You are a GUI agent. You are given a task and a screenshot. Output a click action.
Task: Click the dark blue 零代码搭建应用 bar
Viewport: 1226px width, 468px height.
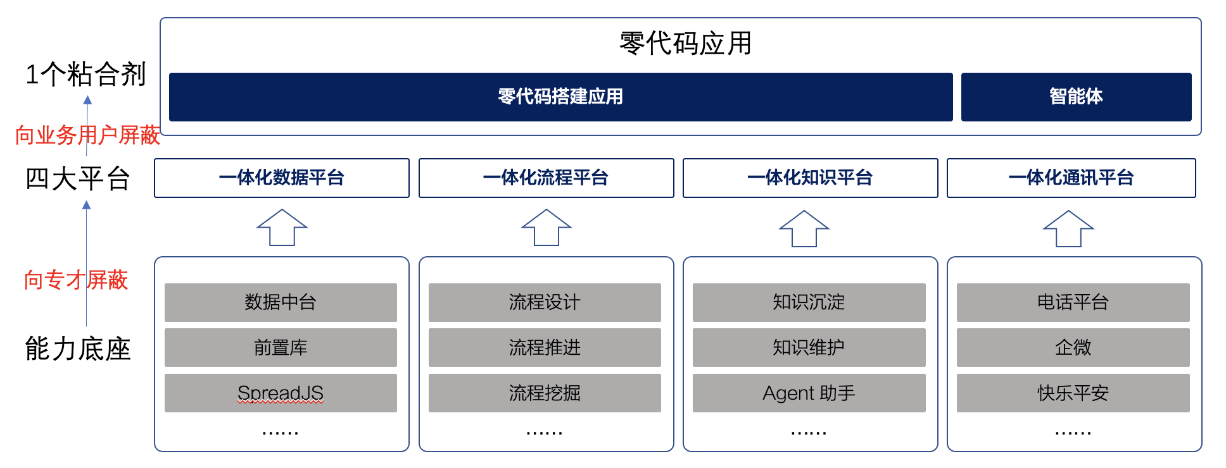[x=560, y=97]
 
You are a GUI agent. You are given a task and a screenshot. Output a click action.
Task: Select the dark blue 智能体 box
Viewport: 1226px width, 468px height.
[x=1076, y=97]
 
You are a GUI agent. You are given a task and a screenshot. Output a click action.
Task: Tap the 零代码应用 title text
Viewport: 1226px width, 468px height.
[x=685, y=44]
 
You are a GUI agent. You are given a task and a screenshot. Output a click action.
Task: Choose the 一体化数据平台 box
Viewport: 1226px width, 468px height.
[x=282, y=178]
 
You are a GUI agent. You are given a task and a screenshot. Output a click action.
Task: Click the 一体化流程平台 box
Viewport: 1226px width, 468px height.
[x=546, y=178]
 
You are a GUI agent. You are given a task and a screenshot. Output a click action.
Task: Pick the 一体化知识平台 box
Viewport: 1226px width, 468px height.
[x=810, y=178]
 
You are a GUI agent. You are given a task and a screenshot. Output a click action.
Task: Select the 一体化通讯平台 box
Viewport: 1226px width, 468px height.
[x=1071, y=178]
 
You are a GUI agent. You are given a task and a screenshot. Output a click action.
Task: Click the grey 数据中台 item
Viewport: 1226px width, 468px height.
[x=281, y=302]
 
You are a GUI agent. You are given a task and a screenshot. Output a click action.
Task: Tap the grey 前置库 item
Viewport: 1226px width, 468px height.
[x=281, y=347]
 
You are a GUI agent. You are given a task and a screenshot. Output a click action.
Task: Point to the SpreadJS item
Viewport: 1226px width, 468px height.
[x=281, y=393]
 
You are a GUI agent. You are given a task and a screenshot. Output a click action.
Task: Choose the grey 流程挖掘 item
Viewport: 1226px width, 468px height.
[x=545, y=393]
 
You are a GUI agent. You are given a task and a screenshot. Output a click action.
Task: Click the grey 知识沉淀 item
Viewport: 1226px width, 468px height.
[x=809, y=302]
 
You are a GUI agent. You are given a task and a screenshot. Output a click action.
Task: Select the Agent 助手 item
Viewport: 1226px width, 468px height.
[x=809, y=393]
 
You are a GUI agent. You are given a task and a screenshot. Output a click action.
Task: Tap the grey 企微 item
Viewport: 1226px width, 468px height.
[x=1073, y=347]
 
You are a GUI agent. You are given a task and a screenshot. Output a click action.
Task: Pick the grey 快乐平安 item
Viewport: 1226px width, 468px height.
[x=1073, y=393]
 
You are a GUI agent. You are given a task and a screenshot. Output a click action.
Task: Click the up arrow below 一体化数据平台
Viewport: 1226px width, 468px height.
[x=282, y=228]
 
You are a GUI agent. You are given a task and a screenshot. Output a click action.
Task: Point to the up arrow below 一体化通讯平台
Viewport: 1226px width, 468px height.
[x=1068, y=228]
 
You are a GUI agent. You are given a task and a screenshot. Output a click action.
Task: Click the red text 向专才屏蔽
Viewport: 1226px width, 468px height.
[x=76, y=280]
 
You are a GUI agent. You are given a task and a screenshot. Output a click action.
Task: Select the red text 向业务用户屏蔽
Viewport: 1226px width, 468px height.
[x=87, y=135]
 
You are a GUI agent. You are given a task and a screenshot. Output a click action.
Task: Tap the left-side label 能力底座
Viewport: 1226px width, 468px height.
[x=78, y=349]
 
